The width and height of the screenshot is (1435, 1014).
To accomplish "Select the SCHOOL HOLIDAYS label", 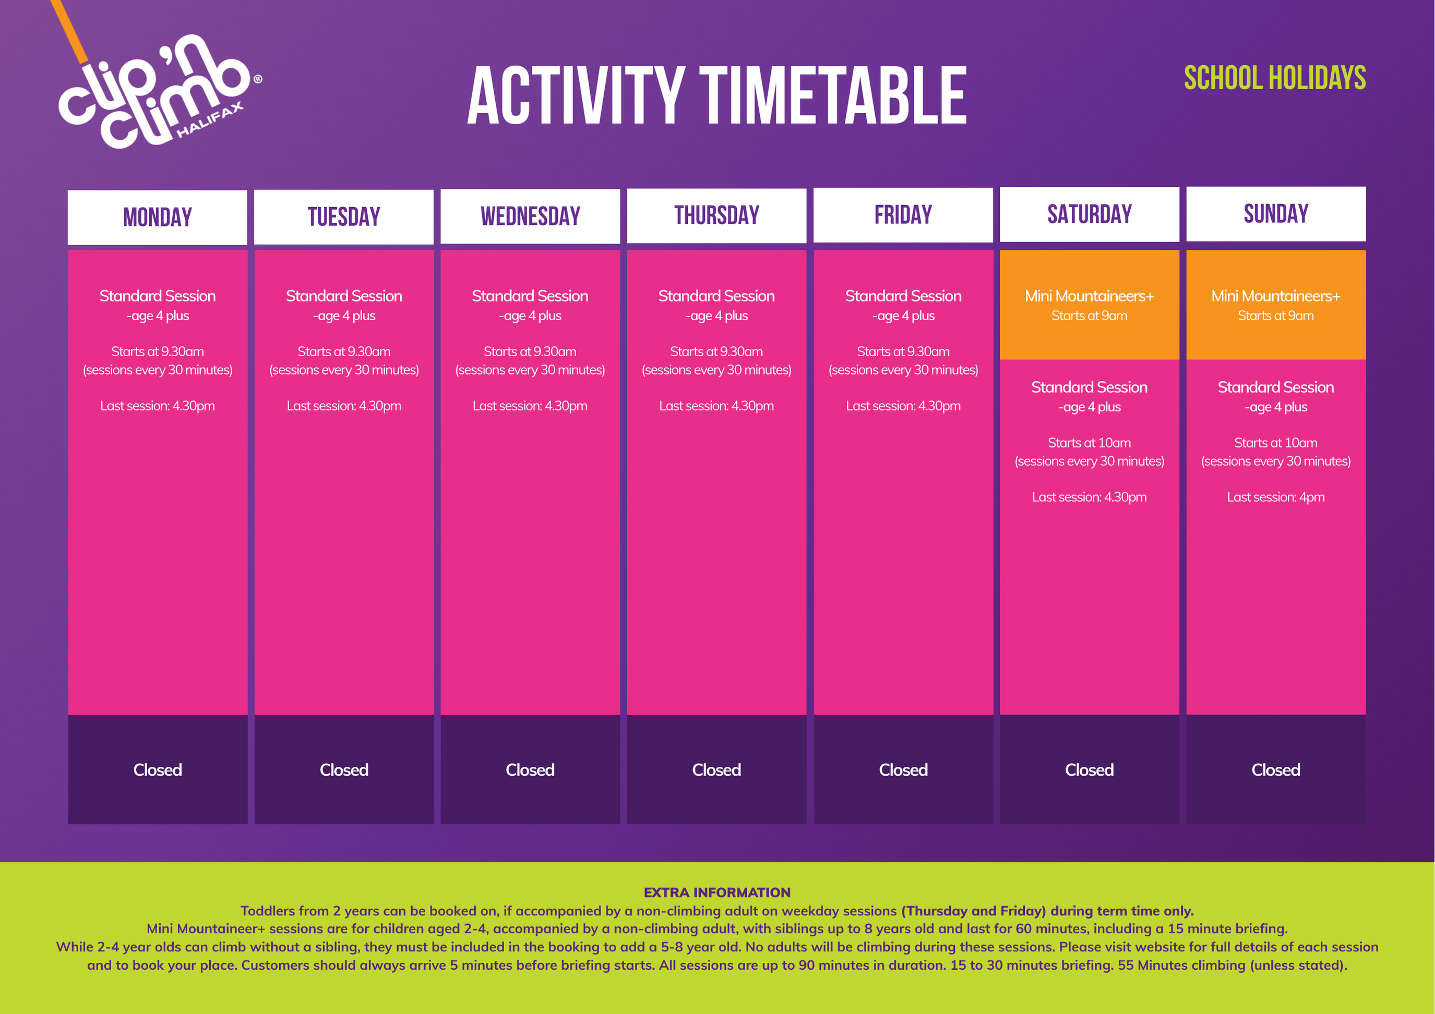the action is point(1275,78).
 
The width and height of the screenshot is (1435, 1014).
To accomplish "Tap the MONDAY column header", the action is point(158,218).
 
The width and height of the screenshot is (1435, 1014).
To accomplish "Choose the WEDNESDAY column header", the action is point(530,216).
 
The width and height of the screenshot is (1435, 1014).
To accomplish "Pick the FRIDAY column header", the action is point(903,215).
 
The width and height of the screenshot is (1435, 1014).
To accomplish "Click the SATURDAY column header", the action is point(1090,214).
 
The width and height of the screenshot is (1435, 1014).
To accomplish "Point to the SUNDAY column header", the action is point(1276,214).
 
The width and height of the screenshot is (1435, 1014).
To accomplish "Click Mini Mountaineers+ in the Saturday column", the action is point(1090,296).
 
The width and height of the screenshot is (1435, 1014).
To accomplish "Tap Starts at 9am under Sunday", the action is point(1276,316).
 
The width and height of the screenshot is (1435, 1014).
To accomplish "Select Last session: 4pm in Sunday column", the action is point(1276,497).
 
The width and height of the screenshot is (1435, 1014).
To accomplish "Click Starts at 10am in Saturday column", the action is point(1090,443).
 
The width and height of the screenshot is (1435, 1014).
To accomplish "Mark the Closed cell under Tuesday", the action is point(344,770).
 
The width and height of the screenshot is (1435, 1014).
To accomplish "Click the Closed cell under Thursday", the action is point(716,770).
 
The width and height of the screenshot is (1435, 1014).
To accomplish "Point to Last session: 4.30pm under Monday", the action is point(158,406).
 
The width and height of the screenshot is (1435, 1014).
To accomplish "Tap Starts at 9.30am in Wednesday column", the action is point(530,352).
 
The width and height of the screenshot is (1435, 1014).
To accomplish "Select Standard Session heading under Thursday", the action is point(716,296).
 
